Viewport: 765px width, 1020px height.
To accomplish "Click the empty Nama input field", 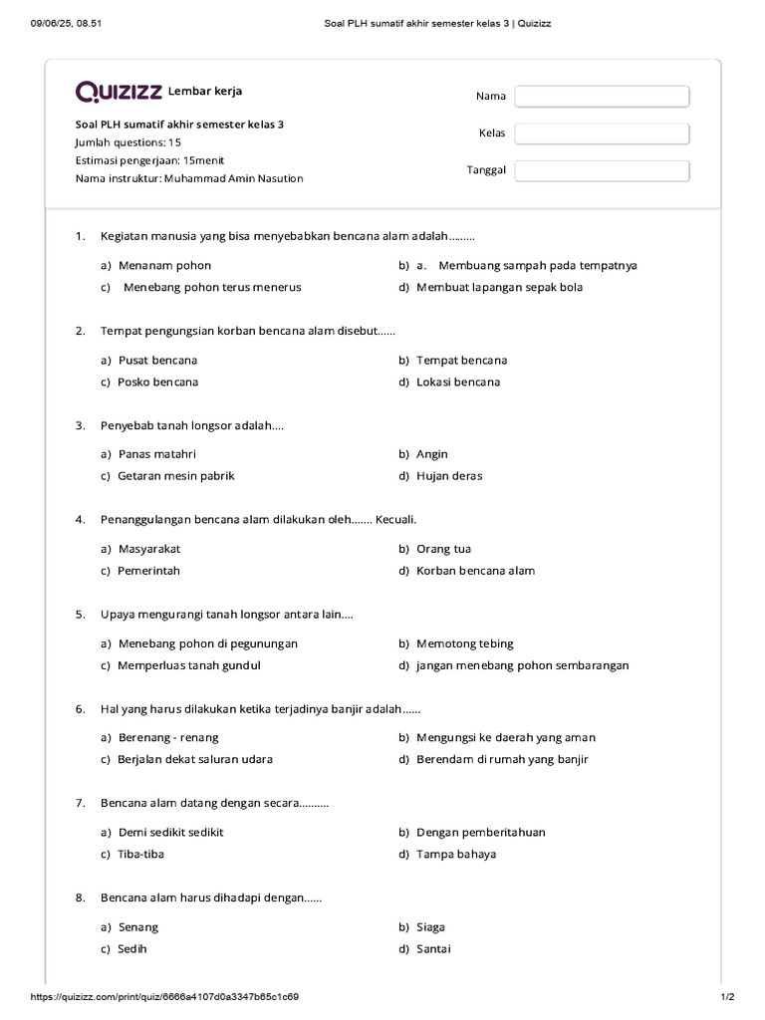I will click(602, 96).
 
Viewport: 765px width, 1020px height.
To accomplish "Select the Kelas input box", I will click(602, 132).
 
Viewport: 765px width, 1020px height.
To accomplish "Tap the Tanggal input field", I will click(602, 170).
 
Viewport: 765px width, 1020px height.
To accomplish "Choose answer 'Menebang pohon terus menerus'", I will click(211, 287).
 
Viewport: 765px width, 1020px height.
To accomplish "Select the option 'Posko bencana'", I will click(157, 382).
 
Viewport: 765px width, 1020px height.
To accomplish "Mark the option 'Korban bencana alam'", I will click(475, 571).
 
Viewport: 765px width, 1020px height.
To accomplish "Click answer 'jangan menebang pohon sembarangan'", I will click(522, 665).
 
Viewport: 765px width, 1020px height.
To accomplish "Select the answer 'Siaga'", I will click(430, 926).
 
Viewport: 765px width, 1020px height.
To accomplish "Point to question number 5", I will click(80, 615).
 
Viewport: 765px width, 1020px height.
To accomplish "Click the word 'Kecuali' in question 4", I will click(395, 520).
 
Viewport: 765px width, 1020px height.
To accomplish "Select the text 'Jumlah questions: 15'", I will click(128, 142).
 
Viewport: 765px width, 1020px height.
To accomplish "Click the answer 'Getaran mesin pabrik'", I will click(176, 476).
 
